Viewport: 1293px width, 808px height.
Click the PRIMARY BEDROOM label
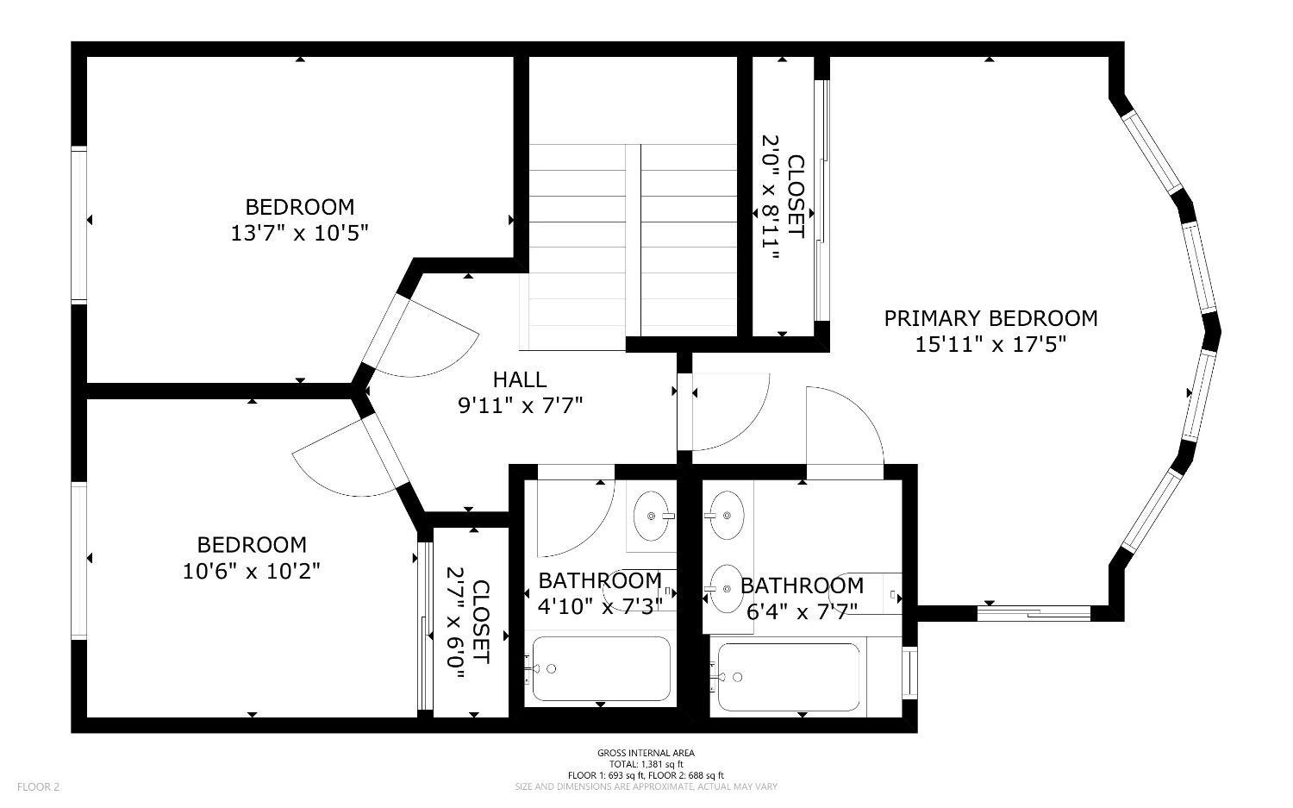[x=990, y=318]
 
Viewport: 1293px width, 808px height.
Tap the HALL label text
[x=520, y=379]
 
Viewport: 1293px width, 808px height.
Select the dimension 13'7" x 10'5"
[x=300, y=233]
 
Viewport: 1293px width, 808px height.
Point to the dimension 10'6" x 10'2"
[x=251, y=571]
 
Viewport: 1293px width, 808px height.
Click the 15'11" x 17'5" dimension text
[x=990, y=345]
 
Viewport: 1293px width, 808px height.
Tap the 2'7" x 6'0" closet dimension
[x=455, y=623]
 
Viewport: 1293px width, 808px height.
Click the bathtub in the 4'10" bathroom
[x=601, y=669]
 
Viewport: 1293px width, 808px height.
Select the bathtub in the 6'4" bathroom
[x=789, y=677]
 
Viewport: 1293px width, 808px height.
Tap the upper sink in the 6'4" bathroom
[x=727, y=515]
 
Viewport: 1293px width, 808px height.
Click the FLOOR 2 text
[x=38, y=786]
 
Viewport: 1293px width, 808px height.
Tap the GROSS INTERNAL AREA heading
[x=646, y=753]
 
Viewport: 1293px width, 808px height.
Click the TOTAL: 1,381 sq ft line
[x=646, y=764]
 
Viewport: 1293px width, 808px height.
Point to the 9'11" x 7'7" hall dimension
[x=520, y=406]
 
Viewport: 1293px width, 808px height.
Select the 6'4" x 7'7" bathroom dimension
[x=802, y=611]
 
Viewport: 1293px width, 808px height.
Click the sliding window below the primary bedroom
[x=1034, y=613]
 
